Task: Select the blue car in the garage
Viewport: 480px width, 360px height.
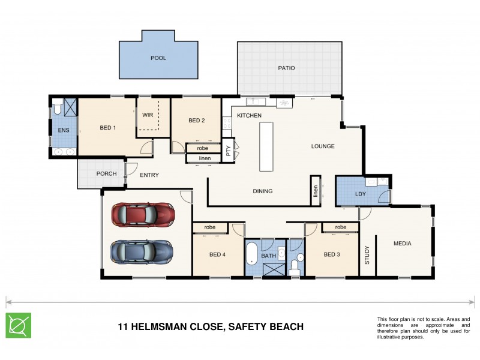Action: click(142, 251)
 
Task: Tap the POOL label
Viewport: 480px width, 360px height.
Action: click(158, 58)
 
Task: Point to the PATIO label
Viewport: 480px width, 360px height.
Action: click(286, 68)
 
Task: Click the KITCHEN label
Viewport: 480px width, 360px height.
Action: click(249, 115)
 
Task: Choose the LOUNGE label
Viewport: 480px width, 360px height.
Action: click(323, 146)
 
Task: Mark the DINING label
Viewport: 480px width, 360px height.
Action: click(263, 191)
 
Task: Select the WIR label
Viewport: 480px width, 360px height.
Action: click(148, 115)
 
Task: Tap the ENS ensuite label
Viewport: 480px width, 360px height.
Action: click(63, 130)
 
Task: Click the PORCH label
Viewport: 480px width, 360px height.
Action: click(106, 174)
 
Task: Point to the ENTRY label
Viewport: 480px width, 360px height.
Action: click(149, 175)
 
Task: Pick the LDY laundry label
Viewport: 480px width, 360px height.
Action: click(361, 194)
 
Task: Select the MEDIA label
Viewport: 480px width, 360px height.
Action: click(402, 244)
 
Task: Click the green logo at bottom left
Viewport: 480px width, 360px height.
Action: click(19, 325)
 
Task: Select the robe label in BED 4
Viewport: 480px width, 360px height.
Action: click(209, 227)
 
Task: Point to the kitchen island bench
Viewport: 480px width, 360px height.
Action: click(266, 146)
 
